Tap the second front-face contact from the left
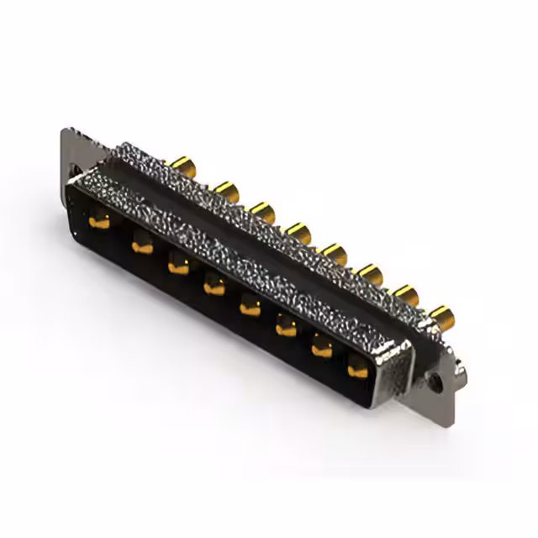coord(142,246)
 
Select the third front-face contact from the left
coord(178,267)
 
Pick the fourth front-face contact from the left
coord(214,287)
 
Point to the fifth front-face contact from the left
coord(251,308)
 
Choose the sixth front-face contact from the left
coord(287,328)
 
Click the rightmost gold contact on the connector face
coord(358,367)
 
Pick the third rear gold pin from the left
coord(262,211)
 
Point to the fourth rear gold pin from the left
coord(298,231)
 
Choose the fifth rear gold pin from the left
coord(335,252)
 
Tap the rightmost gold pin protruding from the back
coord(441,317)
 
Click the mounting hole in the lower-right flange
coord(435,379)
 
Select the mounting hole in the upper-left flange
coord(76,169)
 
